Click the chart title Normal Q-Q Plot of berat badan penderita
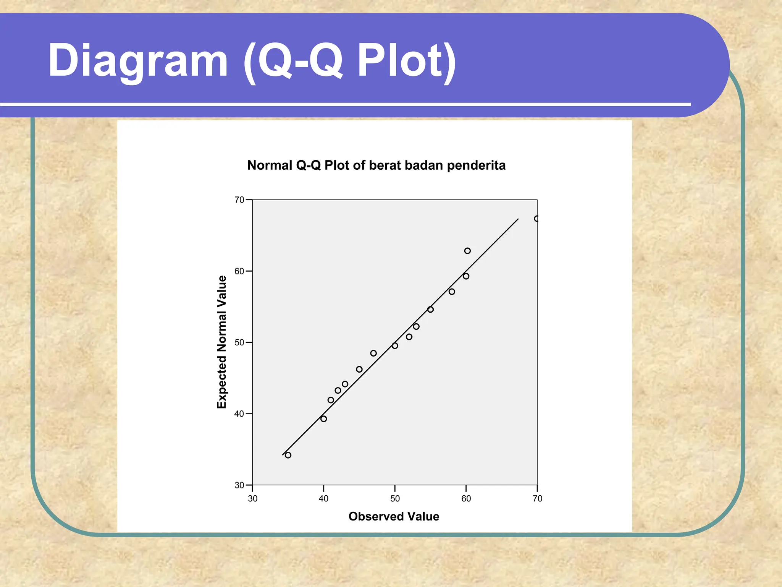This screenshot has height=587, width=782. (376, 165)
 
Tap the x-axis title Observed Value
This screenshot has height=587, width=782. (394, 516)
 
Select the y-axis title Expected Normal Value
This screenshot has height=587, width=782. (221, 342)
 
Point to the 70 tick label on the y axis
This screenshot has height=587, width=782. (239, 200)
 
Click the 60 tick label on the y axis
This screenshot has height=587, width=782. (239, 271)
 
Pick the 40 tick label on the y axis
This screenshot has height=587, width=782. (239, 413)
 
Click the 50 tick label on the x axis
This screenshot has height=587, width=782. (395, 498)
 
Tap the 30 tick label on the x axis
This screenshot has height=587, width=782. (252, 498)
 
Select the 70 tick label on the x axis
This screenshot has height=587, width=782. (537, 498)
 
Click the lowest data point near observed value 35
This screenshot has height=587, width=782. (288, 455)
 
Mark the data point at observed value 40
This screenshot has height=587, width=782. (324, 419)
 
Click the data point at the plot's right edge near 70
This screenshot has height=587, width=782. (536, 219)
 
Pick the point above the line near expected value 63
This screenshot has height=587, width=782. (467, 251)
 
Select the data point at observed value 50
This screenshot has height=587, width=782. (395, 345)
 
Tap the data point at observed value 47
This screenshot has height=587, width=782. (373, 353)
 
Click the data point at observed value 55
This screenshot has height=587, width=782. (430, 309)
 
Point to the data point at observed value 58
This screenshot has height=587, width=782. (452, 292)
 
